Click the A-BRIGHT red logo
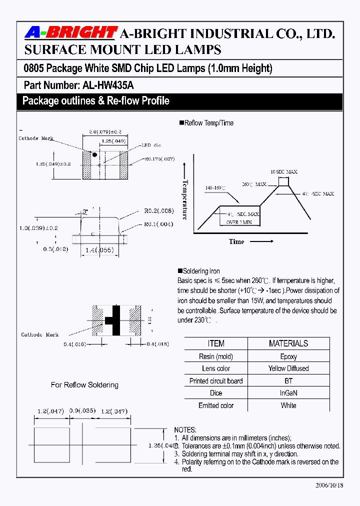[71, 33]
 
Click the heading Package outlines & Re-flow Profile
[96, 101]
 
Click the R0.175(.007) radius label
[159, 158]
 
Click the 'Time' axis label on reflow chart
[236, 241]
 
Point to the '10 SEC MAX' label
[284, 171]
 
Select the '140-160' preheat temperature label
[215, 188]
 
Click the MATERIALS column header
[288, 343]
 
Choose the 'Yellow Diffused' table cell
[288, 368]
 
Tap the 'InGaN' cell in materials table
[288, 393]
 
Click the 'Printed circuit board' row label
[216, 381]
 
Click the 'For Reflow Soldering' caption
[84, 385]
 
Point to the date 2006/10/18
[329, 485]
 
